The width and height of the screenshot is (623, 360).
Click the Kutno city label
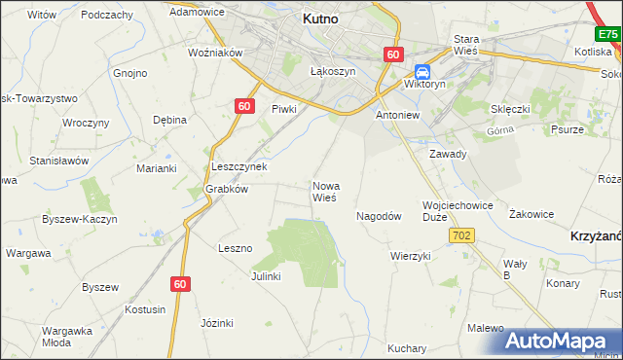pos(319,18)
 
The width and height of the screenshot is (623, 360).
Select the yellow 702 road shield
pos(462,235)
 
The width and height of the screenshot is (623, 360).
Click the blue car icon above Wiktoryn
pos(422,72)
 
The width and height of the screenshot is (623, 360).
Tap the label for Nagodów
pos(379,216)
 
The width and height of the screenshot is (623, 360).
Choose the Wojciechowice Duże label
pos(458,211)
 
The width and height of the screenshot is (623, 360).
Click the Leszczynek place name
pos(238,166)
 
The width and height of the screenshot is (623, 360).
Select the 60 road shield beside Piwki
pos(245,106)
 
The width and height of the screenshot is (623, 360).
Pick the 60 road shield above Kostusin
pos(179,284)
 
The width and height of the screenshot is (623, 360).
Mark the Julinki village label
pos(265,276)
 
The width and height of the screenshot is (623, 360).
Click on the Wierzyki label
pos(410,256)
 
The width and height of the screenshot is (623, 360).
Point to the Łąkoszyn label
pos(332,72)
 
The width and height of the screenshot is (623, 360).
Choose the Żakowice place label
pos(531,214)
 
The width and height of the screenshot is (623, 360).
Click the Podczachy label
pos(107,15)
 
